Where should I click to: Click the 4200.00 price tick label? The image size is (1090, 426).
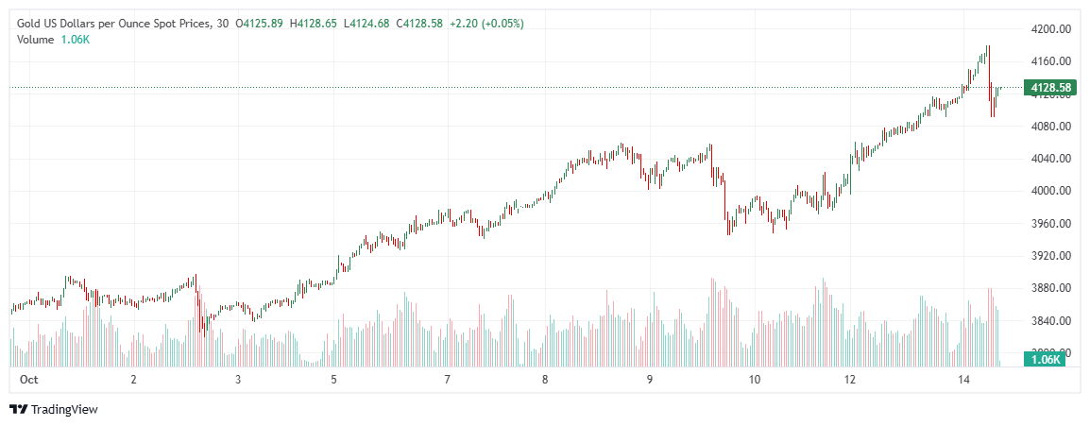click(1050, 29)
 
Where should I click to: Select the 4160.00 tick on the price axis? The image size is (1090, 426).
click(1050, 61)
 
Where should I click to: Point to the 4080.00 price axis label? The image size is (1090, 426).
click(1050, 127)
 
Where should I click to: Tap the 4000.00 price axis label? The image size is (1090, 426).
click(1050, 191)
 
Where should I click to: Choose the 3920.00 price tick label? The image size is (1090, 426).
click(1050, 256)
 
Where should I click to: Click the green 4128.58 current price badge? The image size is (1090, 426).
click(1049, 89)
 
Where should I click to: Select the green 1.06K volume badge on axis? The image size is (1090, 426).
click(1046, 360)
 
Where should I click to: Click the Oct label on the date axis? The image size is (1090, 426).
click(27, 380)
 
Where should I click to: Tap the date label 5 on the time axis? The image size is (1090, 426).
click(333, 380)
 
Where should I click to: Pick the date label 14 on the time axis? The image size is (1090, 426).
click(963, 380)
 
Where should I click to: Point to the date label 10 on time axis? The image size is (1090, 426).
click(754, 380)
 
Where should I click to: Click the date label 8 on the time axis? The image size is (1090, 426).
click(545, 380)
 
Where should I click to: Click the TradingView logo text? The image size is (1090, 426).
click(64, 410)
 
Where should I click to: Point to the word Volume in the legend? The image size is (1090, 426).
click(35, 39)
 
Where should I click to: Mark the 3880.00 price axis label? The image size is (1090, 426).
click(1050, 288)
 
